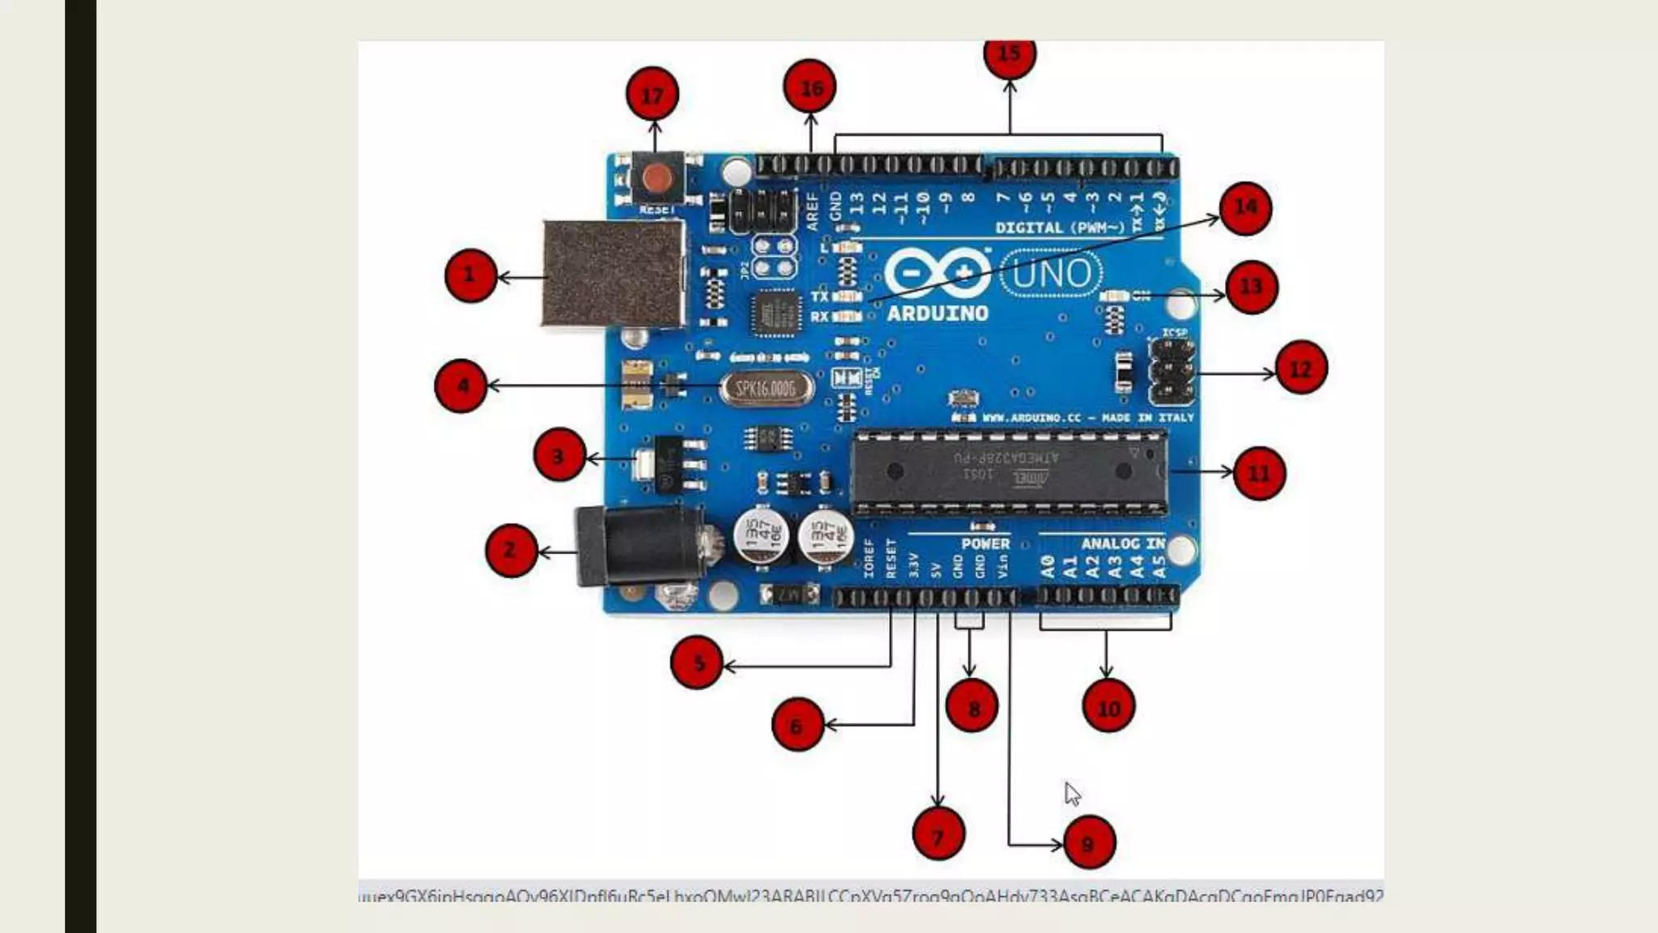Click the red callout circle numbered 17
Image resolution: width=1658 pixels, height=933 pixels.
point(653,95)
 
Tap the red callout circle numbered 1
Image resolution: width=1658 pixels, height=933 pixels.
point(470,275)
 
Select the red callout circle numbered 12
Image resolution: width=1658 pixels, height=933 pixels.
point(1300,369)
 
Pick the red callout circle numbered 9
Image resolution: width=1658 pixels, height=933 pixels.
point(1089,842)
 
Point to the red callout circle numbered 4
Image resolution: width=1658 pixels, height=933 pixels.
point(461,386)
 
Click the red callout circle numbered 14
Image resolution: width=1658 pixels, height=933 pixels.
point(1245,208)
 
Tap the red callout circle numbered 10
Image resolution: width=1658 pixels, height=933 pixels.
point(1108,707)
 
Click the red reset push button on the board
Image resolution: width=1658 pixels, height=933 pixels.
point(657,177)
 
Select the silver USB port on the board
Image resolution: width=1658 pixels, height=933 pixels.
point(612,274)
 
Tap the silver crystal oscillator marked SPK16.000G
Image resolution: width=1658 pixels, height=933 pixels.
point(766,389)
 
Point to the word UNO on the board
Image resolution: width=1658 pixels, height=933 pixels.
point(1052,274)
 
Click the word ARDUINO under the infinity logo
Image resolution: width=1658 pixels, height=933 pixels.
point(937,313)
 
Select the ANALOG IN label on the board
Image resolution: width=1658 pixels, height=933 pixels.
point(1122,543)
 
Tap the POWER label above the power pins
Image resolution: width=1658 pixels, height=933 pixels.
point(985,543)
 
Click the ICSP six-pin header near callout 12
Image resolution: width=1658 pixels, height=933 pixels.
point(1171,373)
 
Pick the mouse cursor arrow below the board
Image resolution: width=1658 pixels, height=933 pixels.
point(1072,793)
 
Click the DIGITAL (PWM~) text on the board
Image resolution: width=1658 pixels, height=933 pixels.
point(1061,228)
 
